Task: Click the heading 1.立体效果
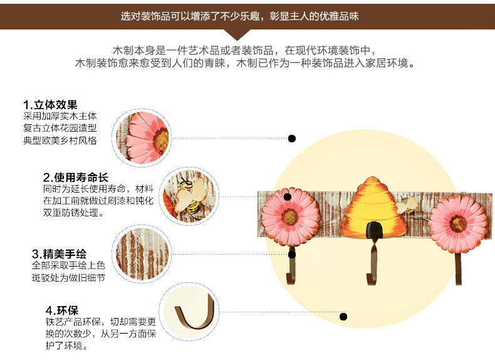coord(50,105)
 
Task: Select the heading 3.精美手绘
coord(59,254)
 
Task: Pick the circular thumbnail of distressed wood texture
coord(141,253)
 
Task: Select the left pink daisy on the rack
coord(290,216)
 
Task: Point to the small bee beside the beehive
coord(406,204)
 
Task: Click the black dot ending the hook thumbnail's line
coord(343,317)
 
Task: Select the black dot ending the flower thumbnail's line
coord(291,138)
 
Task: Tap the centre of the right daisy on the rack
coord(458,223)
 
